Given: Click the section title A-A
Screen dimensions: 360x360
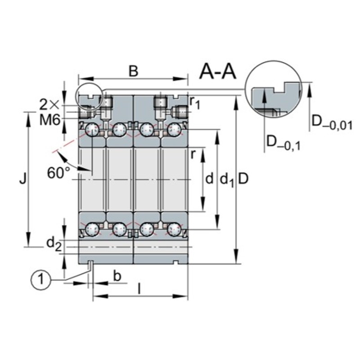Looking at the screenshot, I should coord(218,71).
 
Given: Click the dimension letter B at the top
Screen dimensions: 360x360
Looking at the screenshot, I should coord(133,71).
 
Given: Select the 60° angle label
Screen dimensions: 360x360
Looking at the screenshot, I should coord(59,173).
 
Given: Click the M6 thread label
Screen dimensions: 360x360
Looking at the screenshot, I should coord(50,119).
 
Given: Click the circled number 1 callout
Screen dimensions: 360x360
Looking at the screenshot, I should coord(40,279).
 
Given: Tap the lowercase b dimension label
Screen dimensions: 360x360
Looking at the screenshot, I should coord(117,276).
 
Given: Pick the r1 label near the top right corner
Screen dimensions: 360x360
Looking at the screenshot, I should coord(194,103).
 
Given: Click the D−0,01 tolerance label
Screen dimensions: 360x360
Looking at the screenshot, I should coord(331,122).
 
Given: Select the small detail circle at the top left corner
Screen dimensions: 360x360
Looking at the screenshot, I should coord(90,95).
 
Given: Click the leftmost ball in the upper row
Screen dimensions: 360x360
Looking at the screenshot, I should coord(93,130).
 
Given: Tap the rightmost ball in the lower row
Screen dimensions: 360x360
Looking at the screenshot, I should coord(174,229).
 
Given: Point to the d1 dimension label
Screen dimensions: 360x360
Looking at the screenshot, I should coord(226,180).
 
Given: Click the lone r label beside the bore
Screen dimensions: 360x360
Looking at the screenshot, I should coord(193,154).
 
